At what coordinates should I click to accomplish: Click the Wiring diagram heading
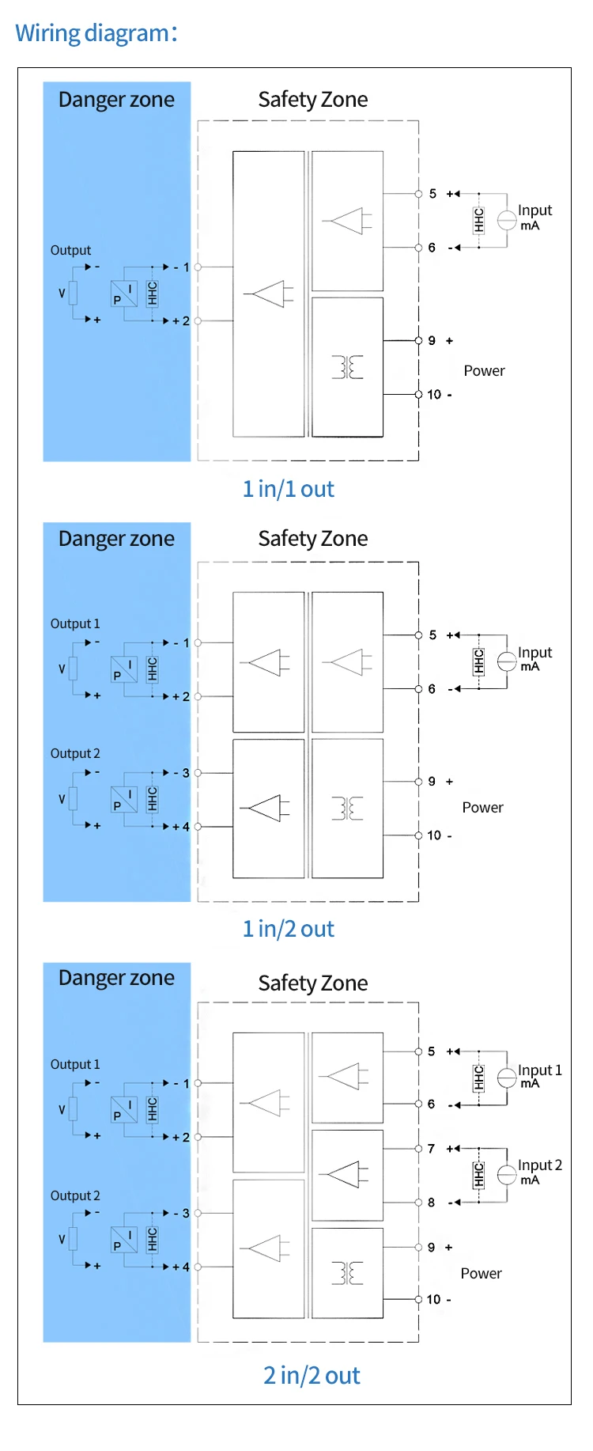pyautogui.click(x=96, y=33)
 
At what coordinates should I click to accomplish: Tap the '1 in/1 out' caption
pyautogui.click(x=289, y=489)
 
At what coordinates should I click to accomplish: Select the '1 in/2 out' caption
pyautogui.click(x=289, y=929)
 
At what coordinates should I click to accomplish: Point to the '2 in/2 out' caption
pyautogui.click(x=312, y=1375)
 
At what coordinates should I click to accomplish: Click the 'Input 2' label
pyautogui.click(x=540, y=1165)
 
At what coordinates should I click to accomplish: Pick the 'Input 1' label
pyautogui.click(x=540, y=1070)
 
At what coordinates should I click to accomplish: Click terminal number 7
pyautogui.click(x=431, y=1148)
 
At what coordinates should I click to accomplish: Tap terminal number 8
pyautogui.click(x=431, y=1202)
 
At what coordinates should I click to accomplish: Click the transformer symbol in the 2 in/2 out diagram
pyautogui.click(x=348, y=1273)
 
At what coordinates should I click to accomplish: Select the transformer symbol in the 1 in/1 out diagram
pyautogui.click(x=348, y=367)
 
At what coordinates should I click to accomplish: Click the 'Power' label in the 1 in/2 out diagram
pyautogui.click(x=482, y=807)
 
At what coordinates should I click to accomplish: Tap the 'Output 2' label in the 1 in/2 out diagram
pyautogui.click(x=75, y=753)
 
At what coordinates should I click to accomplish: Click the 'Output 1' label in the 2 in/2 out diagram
pyautogui.click(x=75, y=1064)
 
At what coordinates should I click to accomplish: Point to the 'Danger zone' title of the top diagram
pyautogui.click(x=116, y=100)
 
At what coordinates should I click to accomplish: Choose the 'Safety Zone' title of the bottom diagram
pyautogui.click(x=313, y=983)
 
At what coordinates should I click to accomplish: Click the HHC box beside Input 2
pyautogui.click(x=478, y=1175)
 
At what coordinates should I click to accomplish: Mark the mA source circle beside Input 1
pyautogui.click(x=507, y=1078)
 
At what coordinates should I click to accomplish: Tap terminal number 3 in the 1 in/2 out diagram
pyautogui.click(x=186, y=772)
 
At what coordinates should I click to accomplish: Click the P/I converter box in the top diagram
pyautogui.click(x=124, y=294)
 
